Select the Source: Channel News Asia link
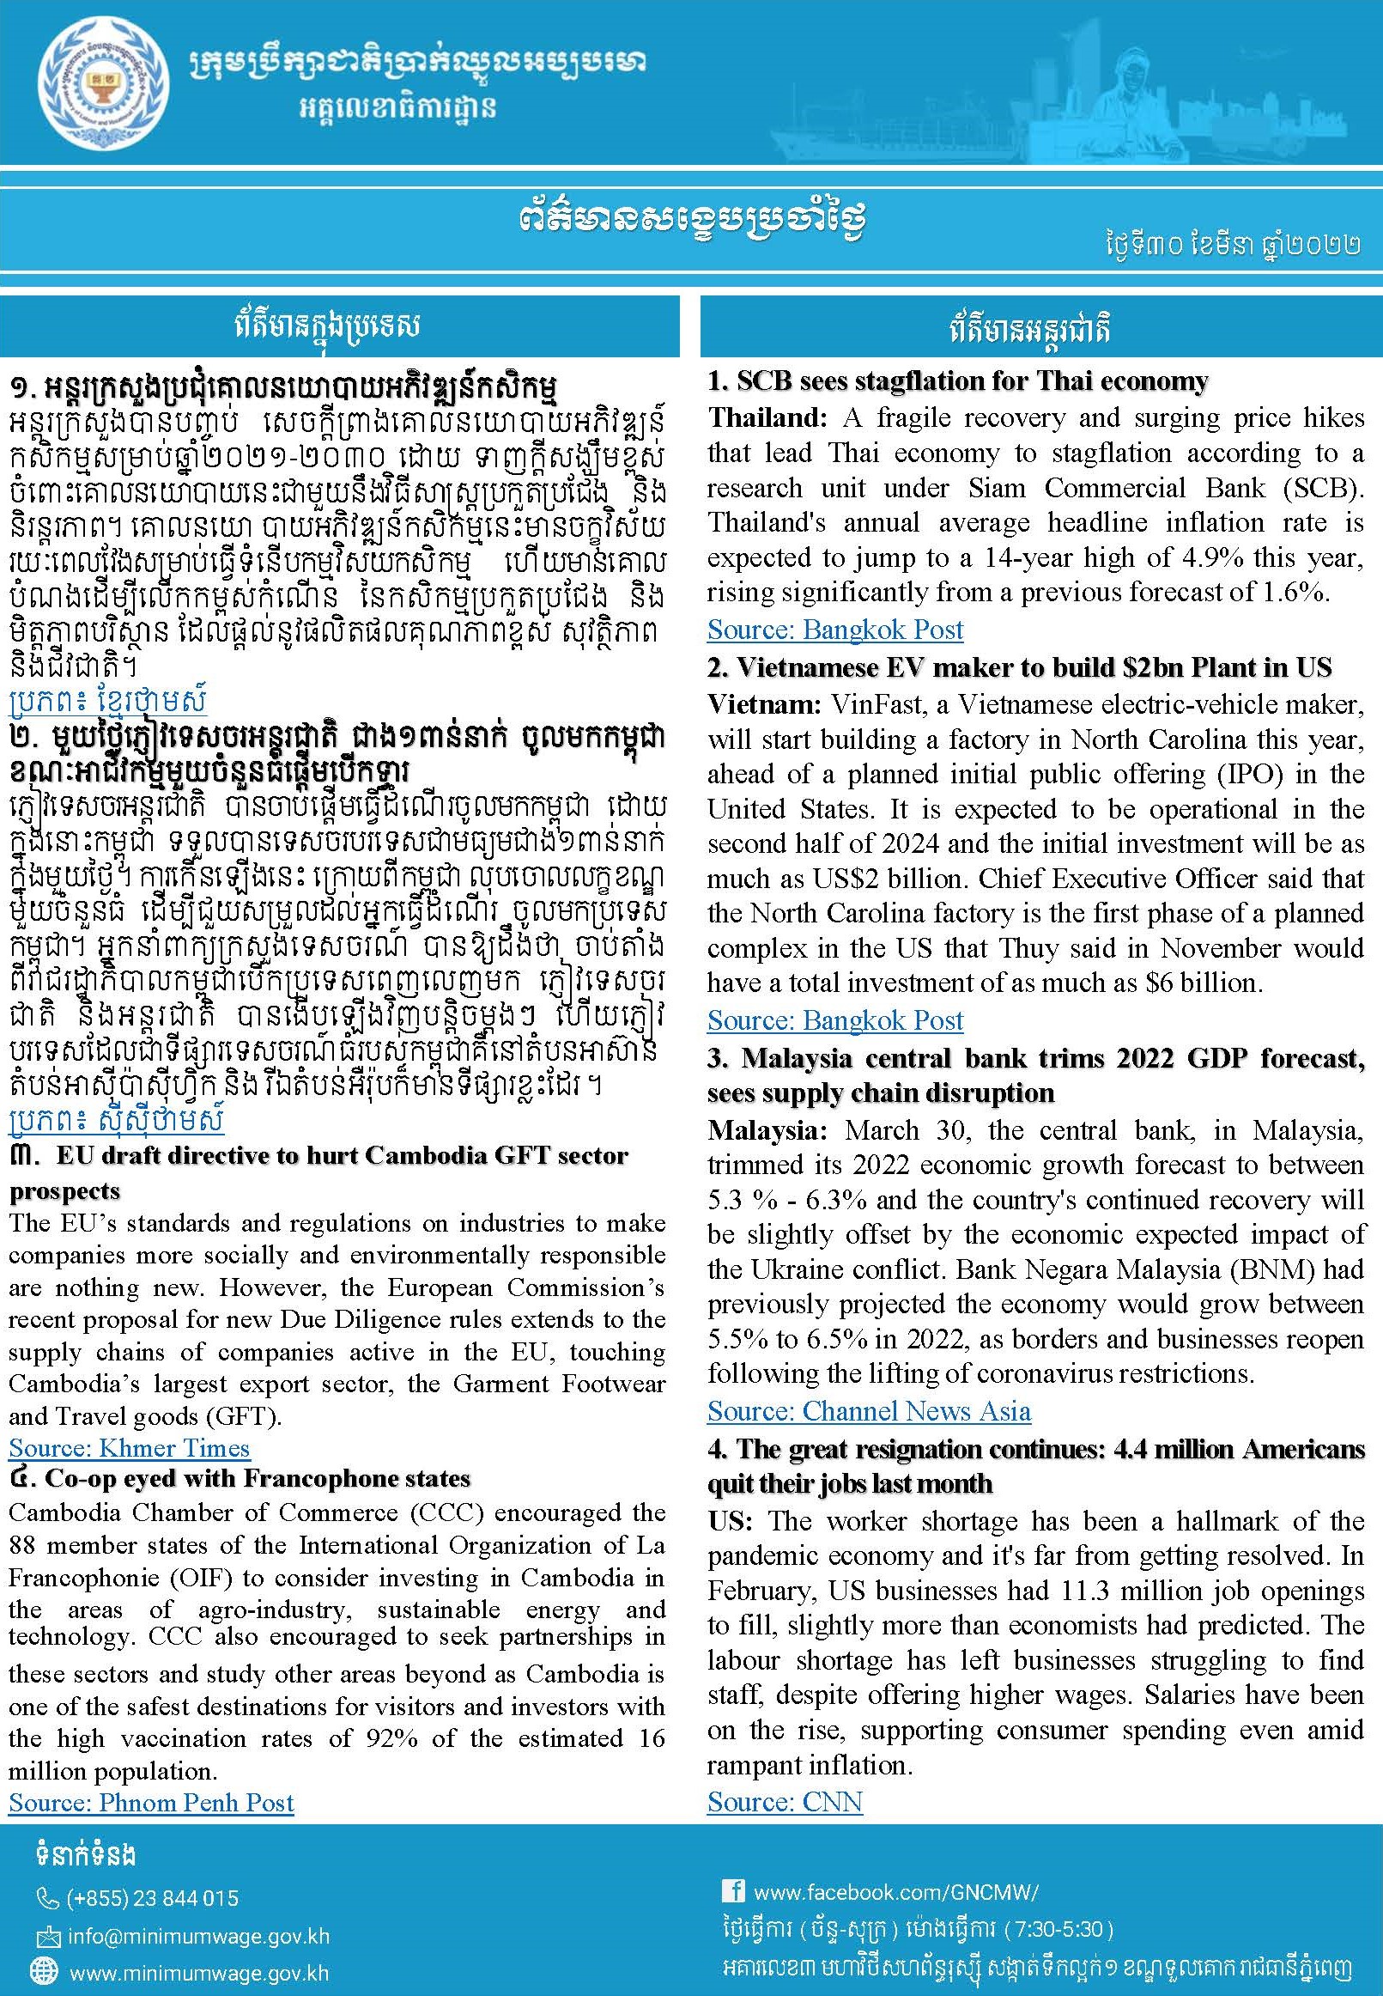coord(868,1412)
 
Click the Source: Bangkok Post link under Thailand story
coord(834,630)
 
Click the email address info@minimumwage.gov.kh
coord(197,1936)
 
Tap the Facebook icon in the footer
coord(732,1890)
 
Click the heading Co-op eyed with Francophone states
coord(258,1479)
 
